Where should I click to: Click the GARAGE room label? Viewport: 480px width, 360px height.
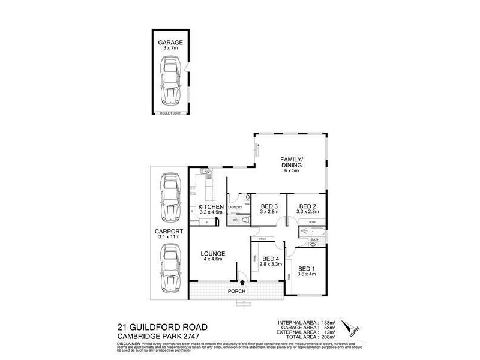click(170, 43)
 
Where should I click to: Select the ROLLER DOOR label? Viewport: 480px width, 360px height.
click(170, 113)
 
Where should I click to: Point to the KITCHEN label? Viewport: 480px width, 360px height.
click(211, 207)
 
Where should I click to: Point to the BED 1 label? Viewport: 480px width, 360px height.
click(307, 268)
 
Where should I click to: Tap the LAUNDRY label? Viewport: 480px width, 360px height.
click(235, 208)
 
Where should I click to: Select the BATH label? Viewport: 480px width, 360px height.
click(315, 240)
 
